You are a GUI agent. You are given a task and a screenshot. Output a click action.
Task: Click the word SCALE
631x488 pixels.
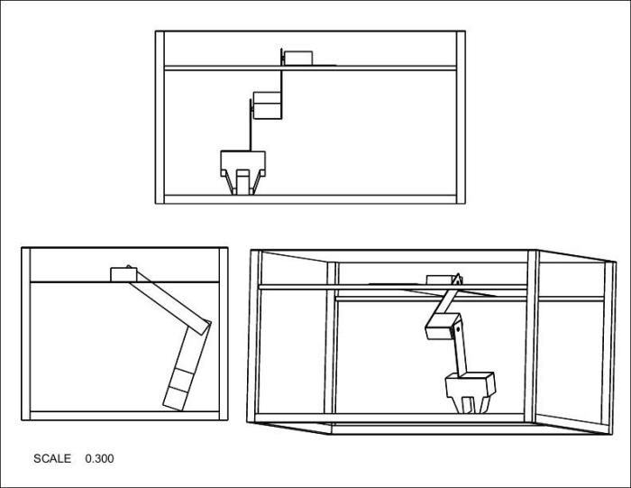point(52,458)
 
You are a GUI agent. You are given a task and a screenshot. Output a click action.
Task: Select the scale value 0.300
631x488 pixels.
point(99,458)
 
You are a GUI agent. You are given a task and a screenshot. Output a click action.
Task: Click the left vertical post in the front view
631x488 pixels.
point(160,117)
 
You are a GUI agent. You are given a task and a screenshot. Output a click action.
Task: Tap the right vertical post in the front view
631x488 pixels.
point(461,117)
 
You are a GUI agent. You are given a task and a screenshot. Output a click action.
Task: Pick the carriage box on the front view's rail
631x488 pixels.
point(297,58)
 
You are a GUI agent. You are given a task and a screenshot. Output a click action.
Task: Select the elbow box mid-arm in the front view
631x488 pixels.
point(267,106)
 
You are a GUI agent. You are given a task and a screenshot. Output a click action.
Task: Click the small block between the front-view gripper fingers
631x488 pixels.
point(243,182)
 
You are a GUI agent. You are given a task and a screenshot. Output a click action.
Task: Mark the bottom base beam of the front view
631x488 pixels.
point(310,199)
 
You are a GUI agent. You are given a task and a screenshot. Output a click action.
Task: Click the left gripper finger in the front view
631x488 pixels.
point(230,183)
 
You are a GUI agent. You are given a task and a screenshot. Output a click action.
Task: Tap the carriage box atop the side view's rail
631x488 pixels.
point(123,274)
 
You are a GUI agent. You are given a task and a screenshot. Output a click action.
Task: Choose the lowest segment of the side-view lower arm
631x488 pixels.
point(176,399)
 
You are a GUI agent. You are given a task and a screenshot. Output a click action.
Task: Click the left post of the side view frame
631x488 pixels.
point(26,334)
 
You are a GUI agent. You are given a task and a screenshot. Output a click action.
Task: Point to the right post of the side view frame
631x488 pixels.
point(224,334)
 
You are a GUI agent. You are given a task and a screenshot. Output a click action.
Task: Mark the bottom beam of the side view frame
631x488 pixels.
point(124,416)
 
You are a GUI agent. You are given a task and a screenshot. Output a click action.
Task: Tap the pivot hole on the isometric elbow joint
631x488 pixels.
point(458,329)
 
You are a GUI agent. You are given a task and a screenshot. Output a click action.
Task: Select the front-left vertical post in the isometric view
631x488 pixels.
point(254,336)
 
